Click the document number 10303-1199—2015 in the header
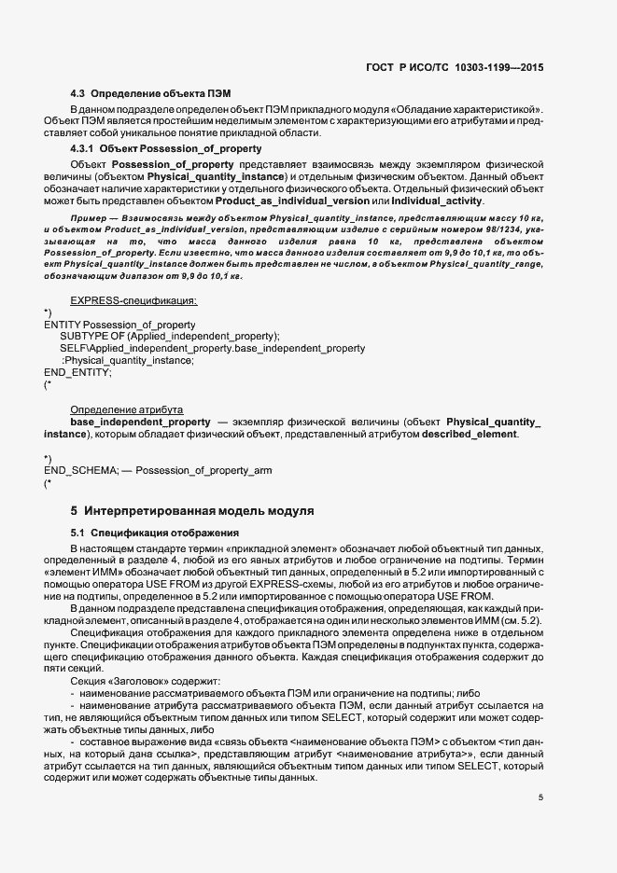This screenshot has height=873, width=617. [500, 67]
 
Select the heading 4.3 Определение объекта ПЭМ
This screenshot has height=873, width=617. [150, 94]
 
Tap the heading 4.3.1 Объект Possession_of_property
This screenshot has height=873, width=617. [166, 148]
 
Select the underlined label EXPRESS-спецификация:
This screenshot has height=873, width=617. [133, 300]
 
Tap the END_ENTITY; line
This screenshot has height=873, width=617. [77, 372]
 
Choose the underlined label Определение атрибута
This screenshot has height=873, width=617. [127, 409]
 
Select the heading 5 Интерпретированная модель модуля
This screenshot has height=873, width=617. [192, 511]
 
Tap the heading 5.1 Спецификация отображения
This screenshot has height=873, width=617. [144, 533]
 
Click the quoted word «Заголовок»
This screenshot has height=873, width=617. [139, 682]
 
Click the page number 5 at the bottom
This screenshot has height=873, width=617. [540, 797]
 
